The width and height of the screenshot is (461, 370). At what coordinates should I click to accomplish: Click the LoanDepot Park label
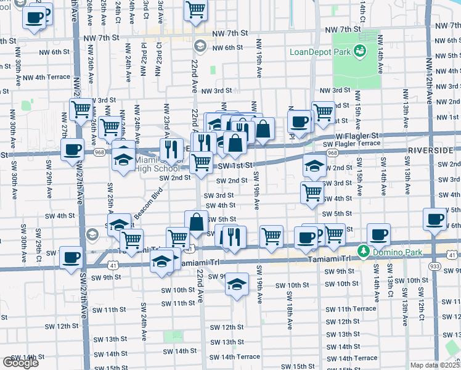click(x=319, y=52)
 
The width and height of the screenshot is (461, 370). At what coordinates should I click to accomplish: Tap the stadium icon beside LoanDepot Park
click(x=359, y=51)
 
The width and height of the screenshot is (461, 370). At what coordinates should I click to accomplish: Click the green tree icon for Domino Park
click(x=364, y=252)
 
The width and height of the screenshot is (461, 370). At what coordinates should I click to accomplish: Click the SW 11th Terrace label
click(x=351, y=308)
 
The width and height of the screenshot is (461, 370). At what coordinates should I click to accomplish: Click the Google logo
click(x=20, y=363)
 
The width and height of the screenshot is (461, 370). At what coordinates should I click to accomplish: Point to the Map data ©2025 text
click(x=435, y=365)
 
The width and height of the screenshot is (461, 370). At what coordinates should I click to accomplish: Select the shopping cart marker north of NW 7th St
click(x=195, y=10)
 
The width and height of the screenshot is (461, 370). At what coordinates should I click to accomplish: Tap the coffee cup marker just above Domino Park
click(x=378, y=234)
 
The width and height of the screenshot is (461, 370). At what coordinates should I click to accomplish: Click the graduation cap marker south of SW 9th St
click(x=235, y=285)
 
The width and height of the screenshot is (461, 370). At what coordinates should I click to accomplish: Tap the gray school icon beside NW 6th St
click(x=200, y=46)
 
